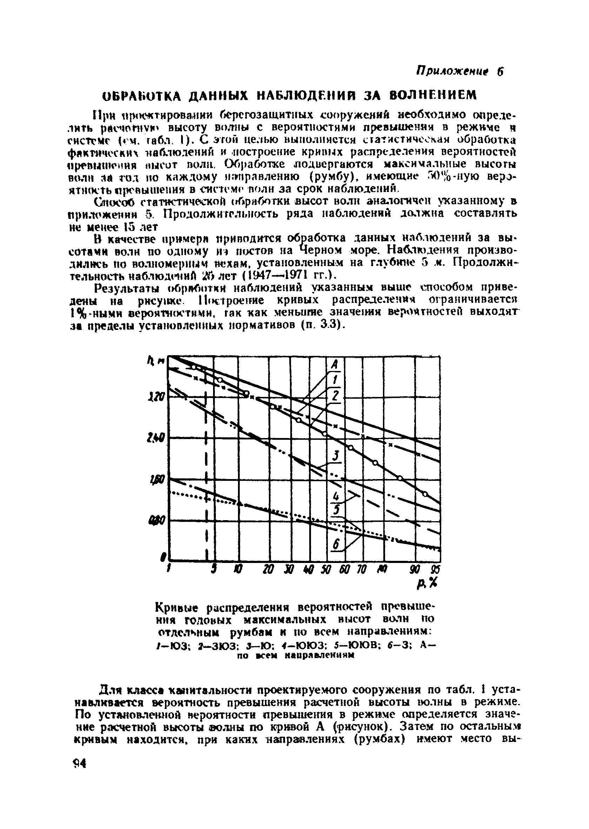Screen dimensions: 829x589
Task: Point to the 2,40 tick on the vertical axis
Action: point(160,439)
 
